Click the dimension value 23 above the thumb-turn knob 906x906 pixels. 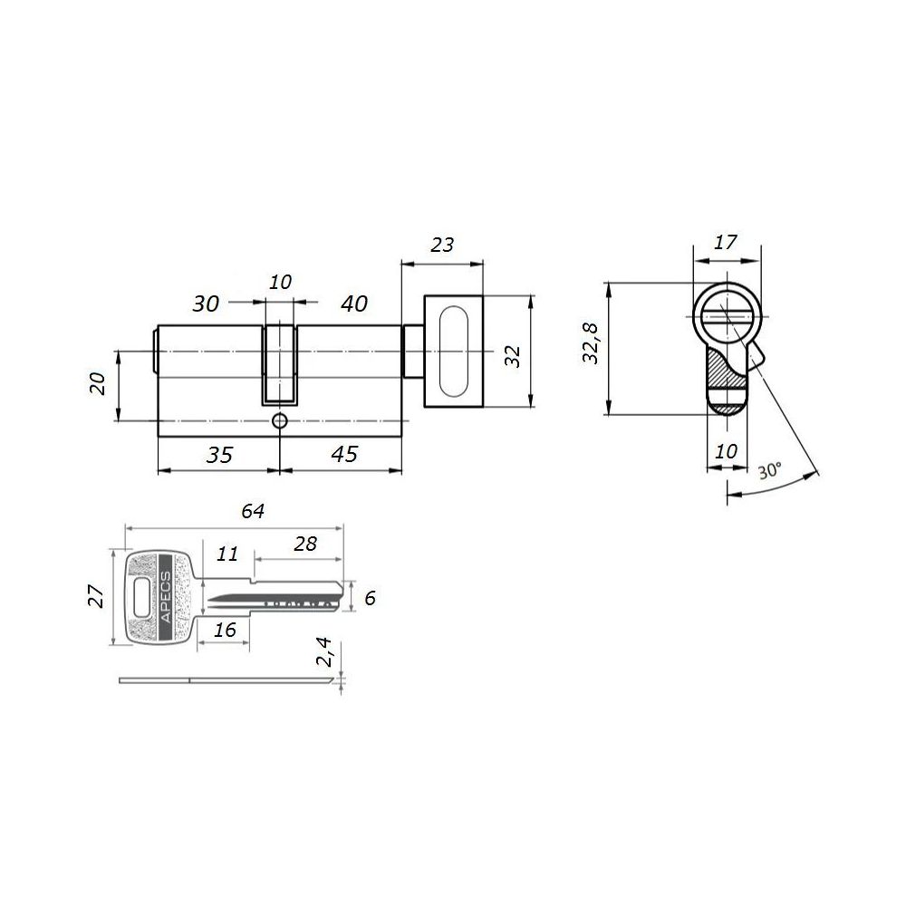point(442,245)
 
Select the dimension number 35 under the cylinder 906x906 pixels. point(219,455)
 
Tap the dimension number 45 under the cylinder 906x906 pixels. point(344,454)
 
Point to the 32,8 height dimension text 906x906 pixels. point(591,342)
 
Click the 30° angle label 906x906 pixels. point(770,470)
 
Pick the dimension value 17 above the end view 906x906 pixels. point(725,242)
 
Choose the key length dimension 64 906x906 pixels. point(253,511)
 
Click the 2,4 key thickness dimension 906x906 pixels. point(324,651)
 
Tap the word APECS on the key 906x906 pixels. point(165,596)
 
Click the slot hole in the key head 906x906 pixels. point(141,597)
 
